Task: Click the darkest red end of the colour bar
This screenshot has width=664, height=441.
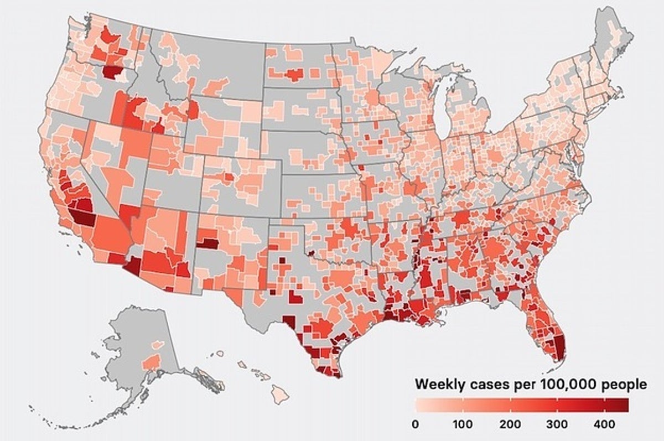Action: tap(625, 406)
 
